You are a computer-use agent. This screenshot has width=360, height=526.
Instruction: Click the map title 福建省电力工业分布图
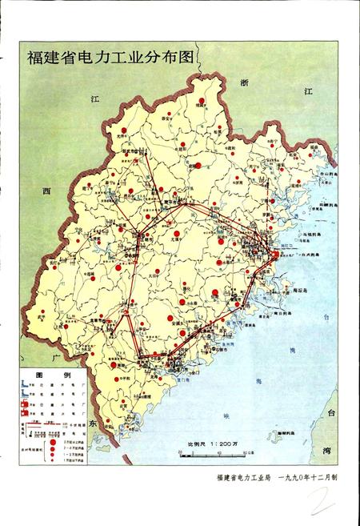111,58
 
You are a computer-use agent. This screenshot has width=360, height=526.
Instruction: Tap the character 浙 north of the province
246,82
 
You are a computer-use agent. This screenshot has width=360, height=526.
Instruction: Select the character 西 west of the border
46,191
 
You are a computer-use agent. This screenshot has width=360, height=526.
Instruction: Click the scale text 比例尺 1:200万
211,442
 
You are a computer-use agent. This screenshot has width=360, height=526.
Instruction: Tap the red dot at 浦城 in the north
202,101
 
